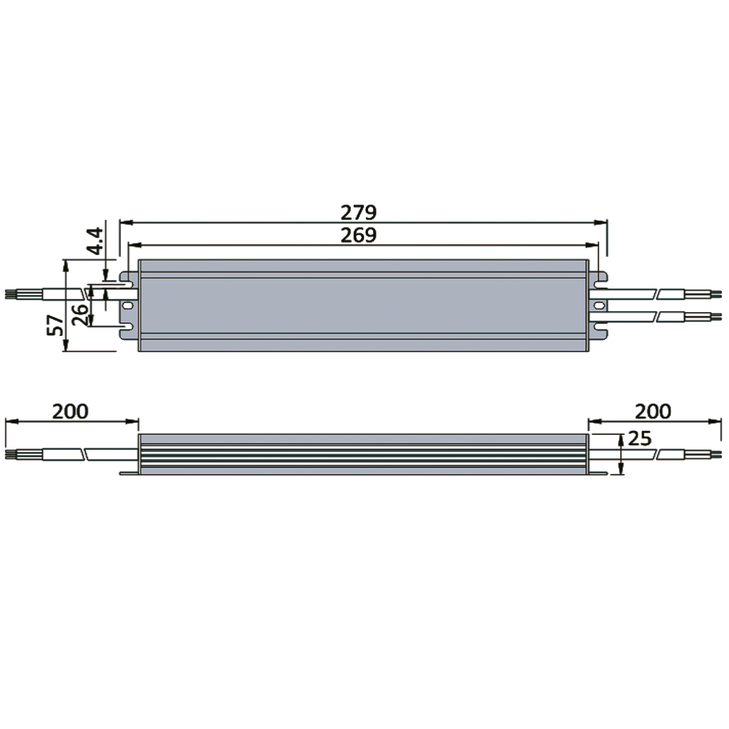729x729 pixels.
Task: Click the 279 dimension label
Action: pyautogui.click(x=358, y=213)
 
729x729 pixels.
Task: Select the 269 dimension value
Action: pyautogui.click(x=358, y=235)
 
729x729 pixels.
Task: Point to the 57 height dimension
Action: pyautogui.click(x=55, y=325)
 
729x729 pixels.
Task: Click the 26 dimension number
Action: pyautogui.click(x=80, y=315)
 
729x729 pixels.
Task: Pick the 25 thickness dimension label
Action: pyautogui.click(x=640, y=439)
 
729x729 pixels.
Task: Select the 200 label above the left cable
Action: pyautogui.click(x=70, y=412)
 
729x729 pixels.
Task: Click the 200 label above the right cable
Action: pyautogui.click(x=653, y=412)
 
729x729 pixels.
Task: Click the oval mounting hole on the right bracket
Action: pyautogui.click(x=599, y=305)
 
